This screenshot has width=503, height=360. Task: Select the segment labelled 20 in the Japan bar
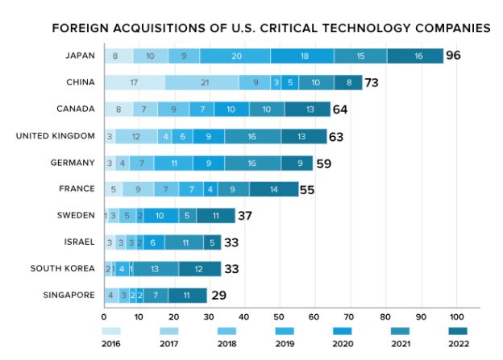[235, 56]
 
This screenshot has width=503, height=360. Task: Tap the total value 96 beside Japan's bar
[457, 56]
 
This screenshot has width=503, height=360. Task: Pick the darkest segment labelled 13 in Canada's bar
[310, 110]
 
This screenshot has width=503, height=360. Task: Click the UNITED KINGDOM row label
[55, 135]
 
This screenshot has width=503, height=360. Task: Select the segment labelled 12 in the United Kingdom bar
[136, 136]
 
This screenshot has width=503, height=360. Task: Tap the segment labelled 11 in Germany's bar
[173, 163]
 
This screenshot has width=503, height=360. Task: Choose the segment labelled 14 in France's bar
[273, 189]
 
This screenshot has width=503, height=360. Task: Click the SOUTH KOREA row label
[63, 268]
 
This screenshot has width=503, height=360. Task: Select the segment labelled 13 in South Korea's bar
[153, 269]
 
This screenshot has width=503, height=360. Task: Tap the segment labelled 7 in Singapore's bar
[156, 296]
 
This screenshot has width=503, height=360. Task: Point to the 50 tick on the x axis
[279, 317]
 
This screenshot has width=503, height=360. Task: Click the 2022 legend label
[458, 344]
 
